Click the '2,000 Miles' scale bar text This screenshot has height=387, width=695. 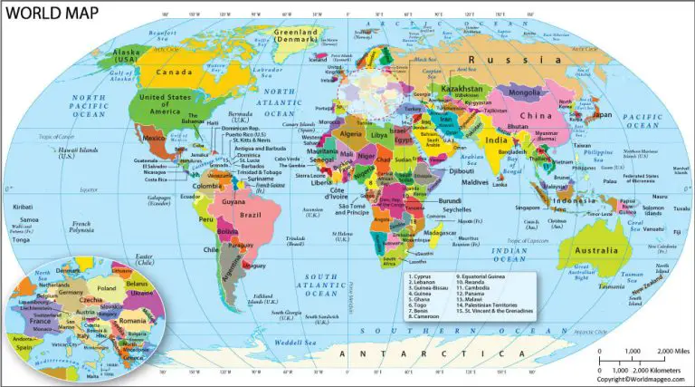click(674, 349)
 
